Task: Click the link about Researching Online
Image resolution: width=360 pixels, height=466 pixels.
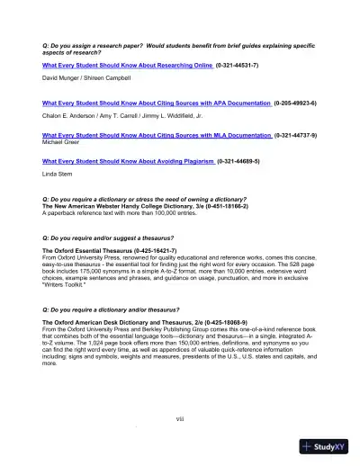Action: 128,66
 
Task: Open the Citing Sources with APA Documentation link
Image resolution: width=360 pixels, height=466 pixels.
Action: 157,103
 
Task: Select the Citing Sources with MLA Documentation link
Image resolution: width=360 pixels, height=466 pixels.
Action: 157,135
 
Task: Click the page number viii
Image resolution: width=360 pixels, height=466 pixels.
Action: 180,417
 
